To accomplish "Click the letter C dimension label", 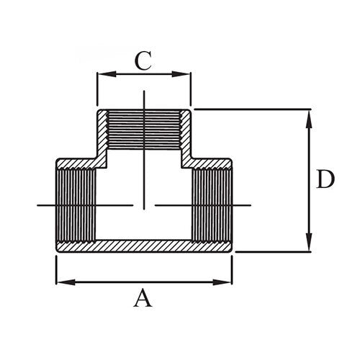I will coord(144,61).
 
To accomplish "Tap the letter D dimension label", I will coord(326,180).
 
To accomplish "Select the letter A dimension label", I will coord(144,297).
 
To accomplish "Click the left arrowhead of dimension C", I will coord(102,73).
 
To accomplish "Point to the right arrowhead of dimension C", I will coord(186,73).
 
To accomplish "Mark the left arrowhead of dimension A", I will coord(61,281).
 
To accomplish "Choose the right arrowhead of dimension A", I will coord(228,281).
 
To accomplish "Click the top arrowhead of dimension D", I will coord(309,114).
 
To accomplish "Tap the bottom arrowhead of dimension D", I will coord(309,246).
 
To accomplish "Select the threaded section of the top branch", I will coord(144,130).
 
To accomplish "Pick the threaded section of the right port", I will coord(211,205).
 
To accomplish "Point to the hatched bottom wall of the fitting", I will coord(144,246).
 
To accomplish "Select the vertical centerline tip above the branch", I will coord(145,97).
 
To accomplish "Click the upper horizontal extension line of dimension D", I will coord(252,109).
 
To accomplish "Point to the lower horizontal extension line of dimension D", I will coord(274,252).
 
